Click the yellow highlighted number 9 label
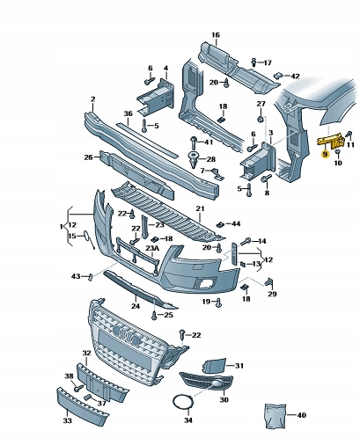click(x=326, y=154)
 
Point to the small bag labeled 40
click(x=275, y=412)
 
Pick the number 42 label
click(x=295, y=77)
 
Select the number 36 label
click(x=128, y=113)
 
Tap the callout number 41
click(x=208, y=142)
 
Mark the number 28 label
click(x=210, y=158)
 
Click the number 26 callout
click(x=88, y=157)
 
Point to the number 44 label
click(x=235, y=224)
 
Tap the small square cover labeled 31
click(x=217, y=363)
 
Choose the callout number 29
click(x=272, y=294)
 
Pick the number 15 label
click(x=72, y=237)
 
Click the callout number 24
click(x=136, y=306)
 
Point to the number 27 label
click(x=260, y=105)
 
